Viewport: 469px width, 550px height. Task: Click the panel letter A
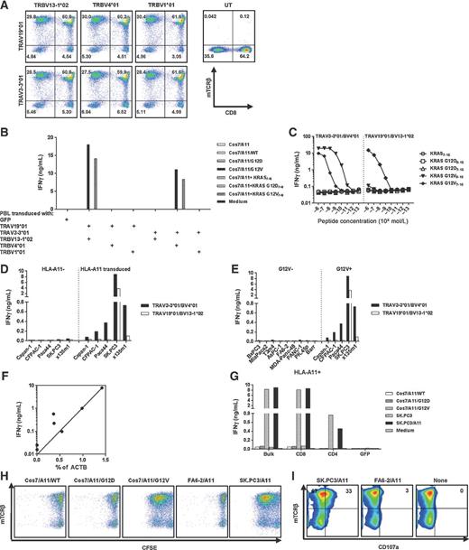(x=6, y=5)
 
